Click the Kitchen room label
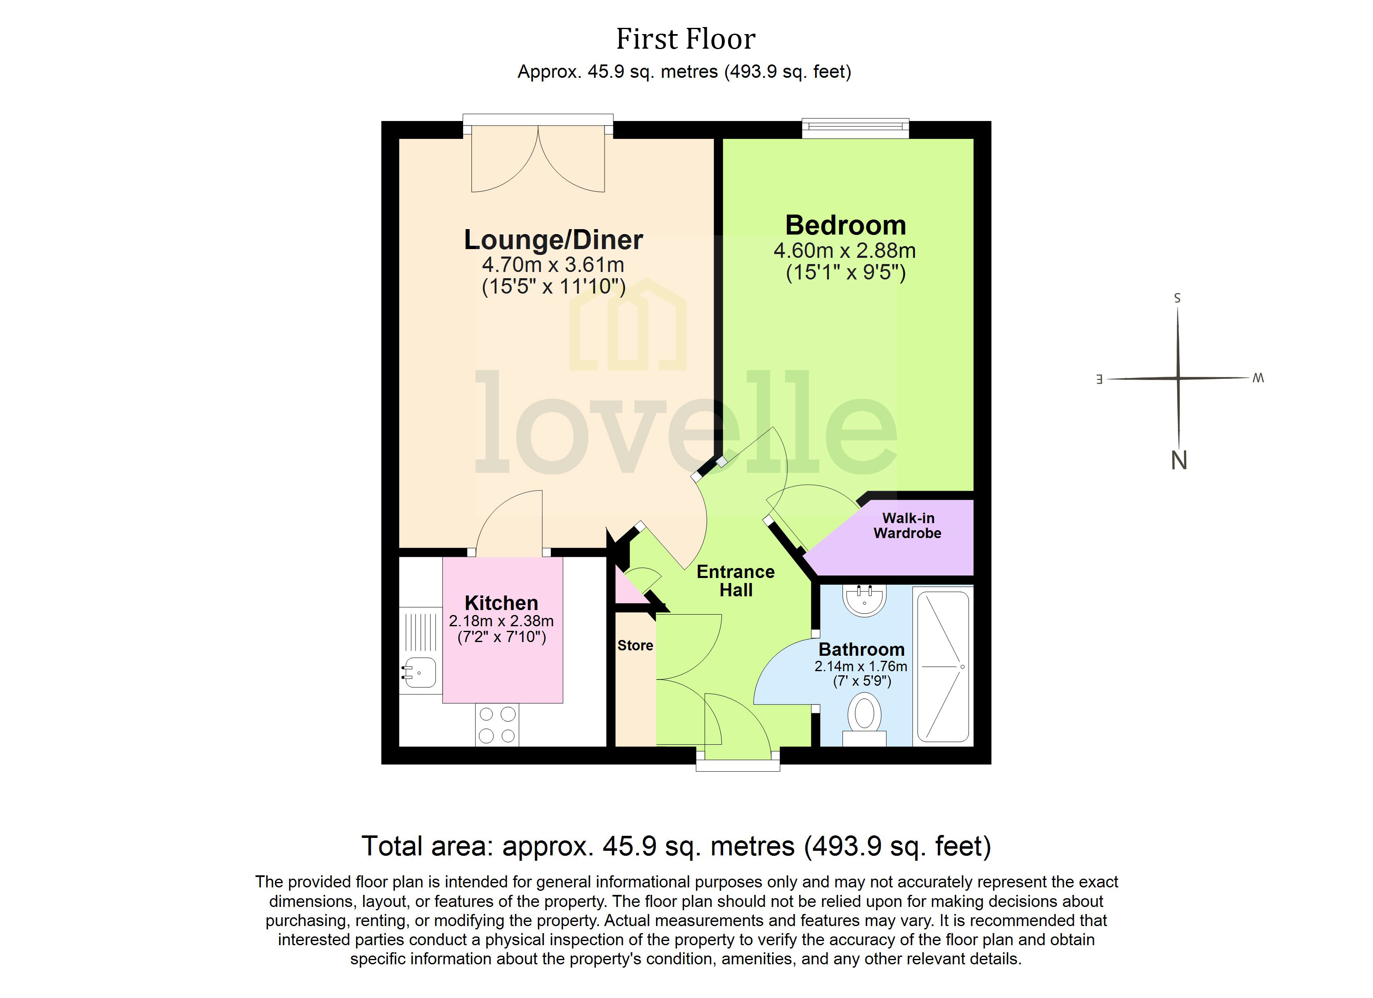(501, 603)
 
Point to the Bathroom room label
(862, 650)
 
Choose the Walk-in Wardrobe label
(907, 525)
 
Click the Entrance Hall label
(736, 581)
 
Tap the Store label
(635, 645)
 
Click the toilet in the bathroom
(865, 717)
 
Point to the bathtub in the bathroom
(943, 666)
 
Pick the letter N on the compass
(1179, 461)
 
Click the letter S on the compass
(1177, 298)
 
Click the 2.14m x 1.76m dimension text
(861, 666)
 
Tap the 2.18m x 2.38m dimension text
(501, 621)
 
